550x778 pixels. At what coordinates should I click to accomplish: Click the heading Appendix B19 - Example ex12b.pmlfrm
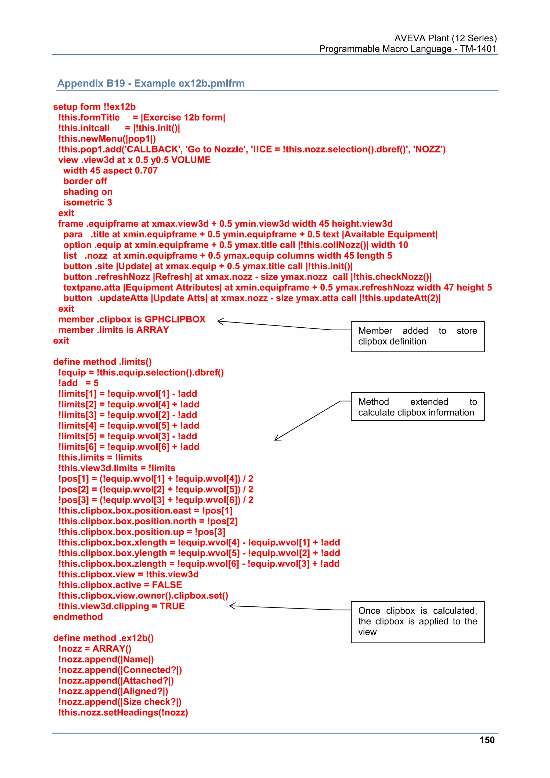(x=151, y=83)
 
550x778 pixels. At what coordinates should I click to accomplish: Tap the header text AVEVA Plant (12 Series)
(x=445, y=38)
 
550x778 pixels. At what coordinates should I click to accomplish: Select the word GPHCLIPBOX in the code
(x=175, y=319)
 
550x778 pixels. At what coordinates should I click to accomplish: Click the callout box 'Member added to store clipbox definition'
(x=418, y=336)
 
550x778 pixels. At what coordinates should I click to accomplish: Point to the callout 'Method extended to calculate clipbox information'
(x=418, y=407)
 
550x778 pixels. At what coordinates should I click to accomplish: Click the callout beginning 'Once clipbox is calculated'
(x=418, y=621)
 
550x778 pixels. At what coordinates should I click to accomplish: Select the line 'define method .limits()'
(x=102, y=362)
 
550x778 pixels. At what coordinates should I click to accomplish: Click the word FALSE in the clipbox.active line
(x=167, y=585)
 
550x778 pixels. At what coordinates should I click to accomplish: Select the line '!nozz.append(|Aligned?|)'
(x=113, y=691)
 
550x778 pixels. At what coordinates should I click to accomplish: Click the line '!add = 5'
(x=78, y=383)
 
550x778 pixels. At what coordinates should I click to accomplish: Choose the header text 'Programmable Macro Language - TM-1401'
(x=407, y=49)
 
